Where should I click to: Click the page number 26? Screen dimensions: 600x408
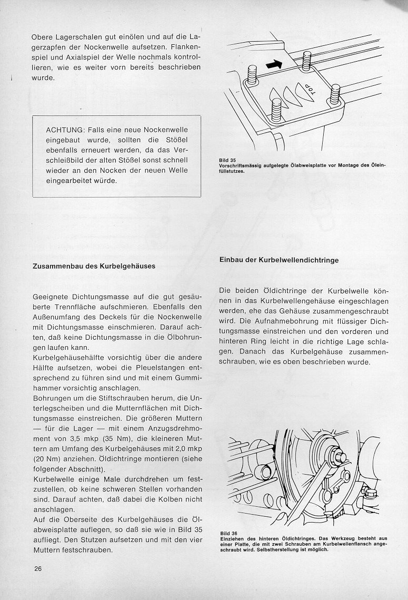coord(36,568)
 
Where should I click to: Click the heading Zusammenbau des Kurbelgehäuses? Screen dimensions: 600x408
coord(94,266)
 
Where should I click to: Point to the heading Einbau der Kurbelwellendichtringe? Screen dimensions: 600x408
coord(278,260)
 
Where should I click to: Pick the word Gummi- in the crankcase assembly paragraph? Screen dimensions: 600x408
coord(187,379)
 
